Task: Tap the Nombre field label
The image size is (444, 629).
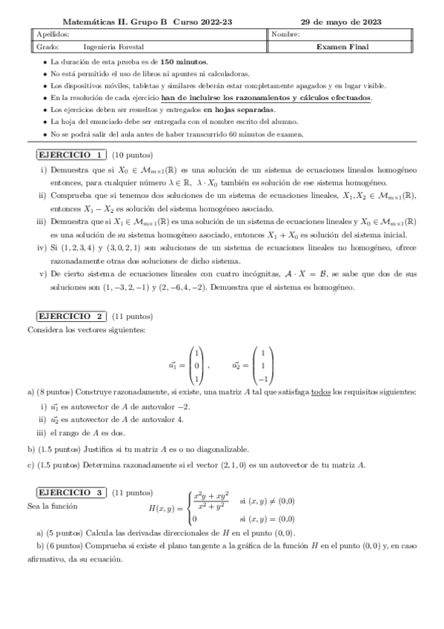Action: click(x=286, y=34)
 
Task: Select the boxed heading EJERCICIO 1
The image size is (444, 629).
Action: click(x=71, y=155)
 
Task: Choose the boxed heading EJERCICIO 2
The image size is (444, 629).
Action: click(x=71, y=315)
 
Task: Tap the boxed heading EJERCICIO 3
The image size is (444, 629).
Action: click(x=71, y=492)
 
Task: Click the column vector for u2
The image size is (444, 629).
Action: click(x=262, y=365)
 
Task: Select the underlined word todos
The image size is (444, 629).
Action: click(x=320, y=392)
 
